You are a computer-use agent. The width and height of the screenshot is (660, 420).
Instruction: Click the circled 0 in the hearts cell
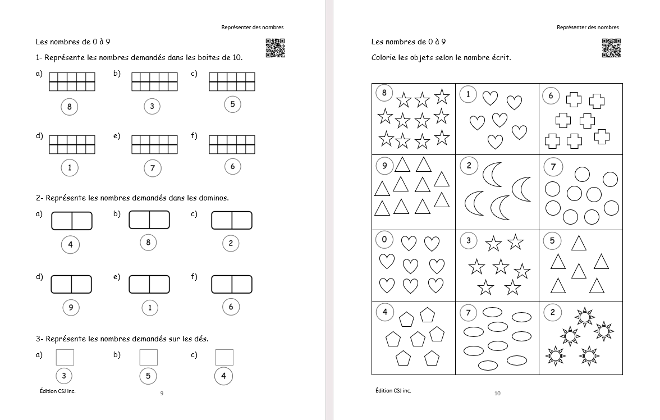pyautogui.click(x=384, y=240)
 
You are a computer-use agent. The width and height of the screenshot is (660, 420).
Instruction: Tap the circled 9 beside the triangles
pyautogui.click(x=384, y=166)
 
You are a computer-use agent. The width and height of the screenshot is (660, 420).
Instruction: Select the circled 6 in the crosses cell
pyautogui.click(x=551, y=96)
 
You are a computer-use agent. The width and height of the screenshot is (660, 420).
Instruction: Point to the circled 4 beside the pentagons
pyautogui.click(x=384, y=312)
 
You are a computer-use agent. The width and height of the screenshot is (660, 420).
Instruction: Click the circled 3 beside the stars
pyautogui.click(x=469, y=241)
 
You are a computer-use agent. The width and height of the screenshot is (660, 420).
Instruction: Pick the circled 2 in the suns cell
pyautogui.click(x=552, y=313)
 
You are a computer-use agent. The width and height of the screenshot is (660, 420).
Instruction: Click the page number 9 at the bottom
pyautogui.click(x=162, y=393)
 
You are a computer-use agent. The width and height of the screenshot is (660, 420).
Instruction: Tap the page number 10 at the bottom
pyautogui.click(x=497, y=393)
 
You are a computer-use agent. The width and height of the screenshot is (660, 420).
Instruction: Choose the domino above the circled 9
pyautogui.click(x=71, y=284)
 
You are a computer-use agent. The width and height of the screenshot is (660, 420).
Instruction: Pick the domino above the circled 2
pyautogui.click(x=232, y=221)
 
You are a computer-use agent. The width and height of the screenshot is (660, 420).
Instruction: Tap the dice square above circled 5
pyautogui.click(x=148, y=357)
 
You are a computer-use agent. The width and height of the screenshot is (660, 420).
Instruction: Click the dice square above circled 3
pyautogui.click(x=65, y=357)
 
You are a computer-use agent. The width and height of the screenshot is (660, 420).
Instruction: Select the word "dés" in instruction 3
pyautogui.click(x=201, y=339)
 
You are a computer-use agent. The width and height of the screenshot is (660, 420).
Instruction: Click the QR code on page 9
pyautogui.click(x=275, y=48)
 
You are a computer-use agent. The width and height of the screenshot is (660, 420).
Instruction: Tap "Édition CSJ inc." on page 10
pyautogui.click(x=393, y=390)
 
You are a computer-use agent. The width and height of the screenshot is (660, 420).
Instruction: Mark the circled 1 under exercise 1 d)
pyautogui.click(x=70, y=167)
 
